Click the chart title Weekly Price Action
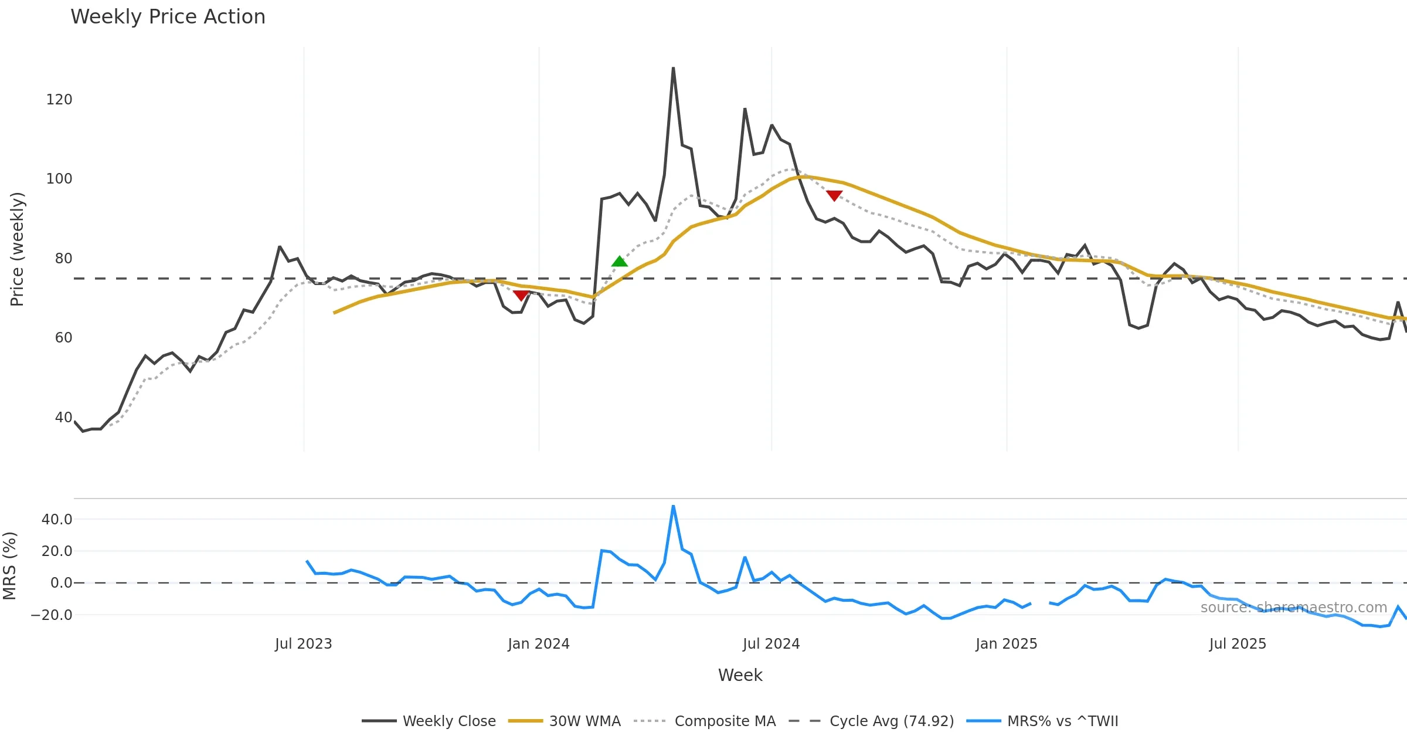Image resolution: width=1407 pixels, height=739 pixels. click(168, 17)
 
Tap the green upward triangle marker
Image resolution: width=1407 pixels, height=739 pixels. click(619, 262)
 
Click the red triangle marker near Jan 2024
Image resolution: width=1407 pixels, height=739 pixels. click(521, 295)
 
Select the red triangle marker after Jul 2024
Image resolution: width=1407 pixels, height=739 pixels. click(834, 195)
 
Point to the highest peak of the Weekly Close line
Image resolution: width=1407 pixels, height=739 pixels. click(673, 69)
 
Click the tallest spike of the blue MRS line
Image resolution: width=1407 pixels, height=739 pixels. click(673, 506)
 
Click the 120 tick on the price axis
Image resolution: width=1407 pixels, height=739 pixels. click(59, 100)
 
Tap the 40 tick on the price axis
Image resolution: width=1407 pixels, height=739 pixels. click(63, 418)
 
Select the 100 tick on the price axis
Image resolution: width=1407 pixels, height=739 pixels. click(59, 179)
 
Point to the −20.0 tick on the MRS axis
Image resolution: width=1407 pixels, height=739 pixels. click(52, 615)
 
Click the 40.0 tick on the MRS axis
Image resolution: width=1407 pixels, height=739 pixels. click(57, 520)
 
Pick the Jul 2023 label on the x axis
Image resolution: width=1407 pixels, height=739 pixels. click(303, 644)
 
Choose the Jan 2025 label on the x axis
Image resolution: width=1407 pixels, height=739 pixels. click(1006, 644)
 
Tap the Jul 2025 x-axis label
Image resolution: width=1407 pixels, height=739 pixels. click(1238, 644)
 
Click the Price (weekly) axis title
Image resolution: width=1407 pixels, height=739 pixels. click(17, 249)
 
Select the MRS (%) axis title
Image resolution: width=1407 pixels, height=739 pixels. click(9, 566)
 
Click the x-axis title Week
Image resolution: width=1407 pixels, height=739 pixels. click(740, 675)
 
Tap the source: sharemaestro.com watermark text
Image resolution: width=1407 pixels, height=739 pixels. click(1293, 608)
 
